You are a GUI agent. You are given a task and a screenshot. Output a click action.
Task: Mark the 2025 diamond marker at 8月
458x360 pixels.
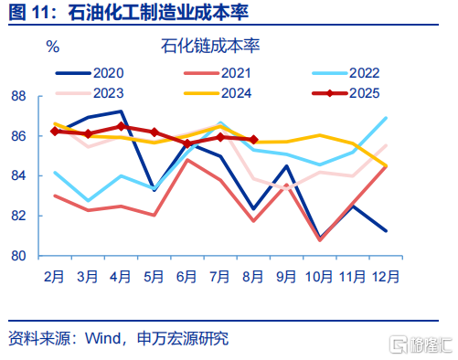254,140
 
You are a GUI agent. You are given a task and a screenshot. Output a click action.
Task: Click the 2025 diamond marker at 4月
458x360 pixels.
122,126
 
